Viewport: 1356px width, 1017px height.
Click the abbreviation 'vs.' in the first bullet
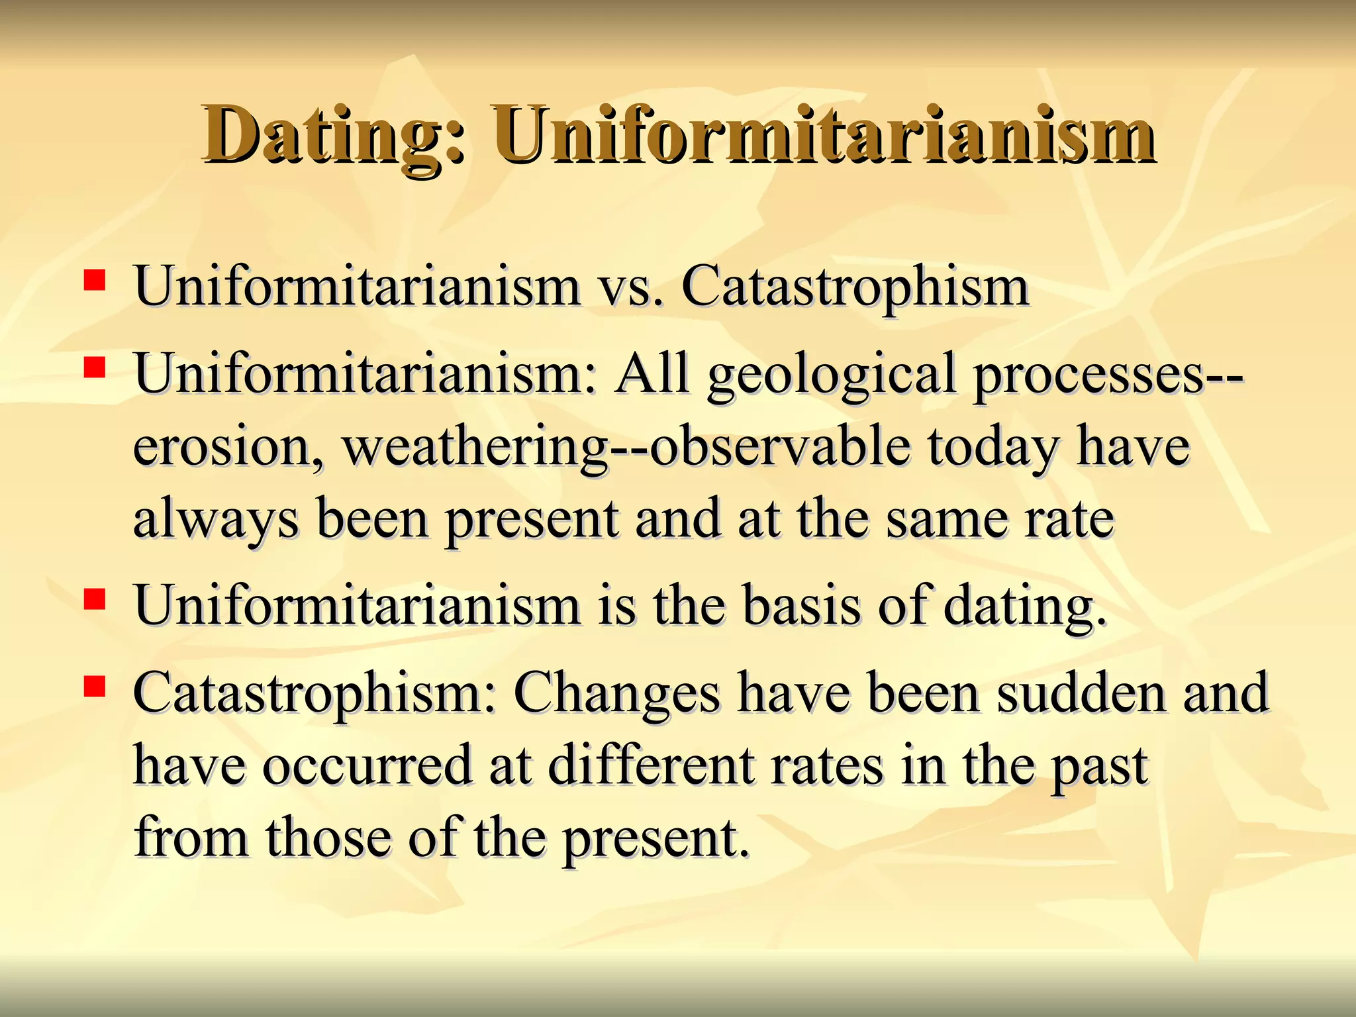pyautogui.click(x=631, y=287)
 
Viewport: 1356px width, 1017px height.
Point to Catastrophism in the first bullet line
pyautogui.click(x=855, y=287)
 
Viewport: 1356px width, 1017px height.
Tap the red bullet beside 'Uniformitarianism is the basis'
pyautogui.click(x=95, y=599)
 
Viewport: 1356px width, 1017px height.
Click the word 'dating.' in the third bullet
pyautogui.click(x=1025, y=605)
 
